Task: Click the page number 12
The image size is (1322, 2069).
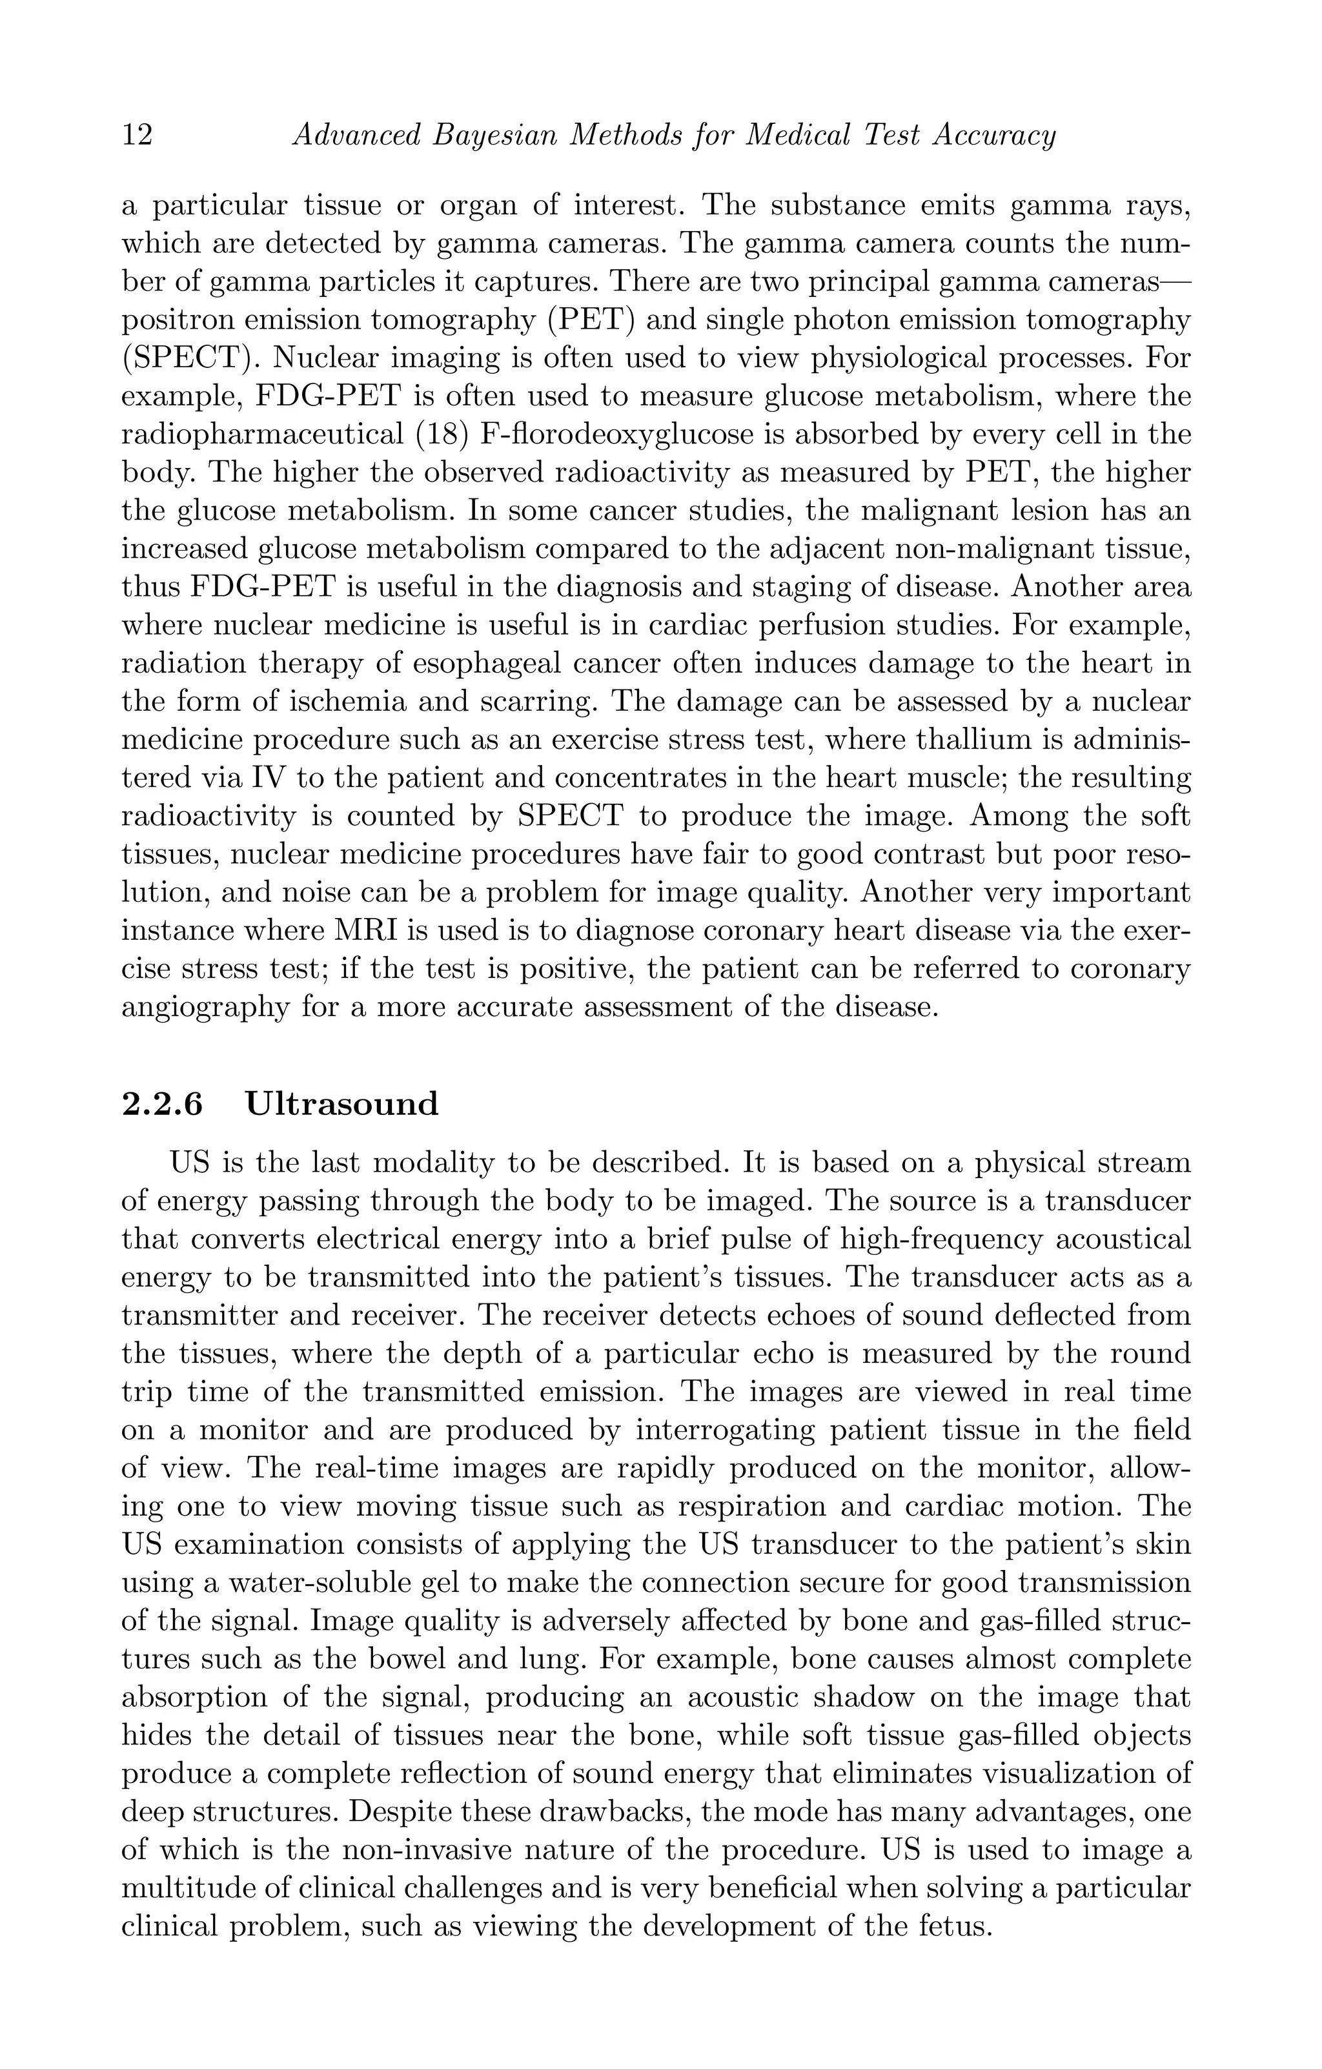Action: pos(137,136)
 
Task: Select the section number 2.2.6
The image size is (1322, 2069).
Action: pos(163,1104)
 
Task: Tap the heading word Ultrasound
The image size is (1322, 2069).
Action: pos(342,1104)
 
